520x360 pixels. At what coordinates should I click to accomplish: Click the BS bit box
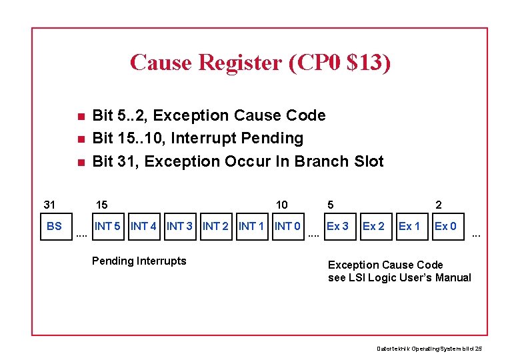pos(54,226)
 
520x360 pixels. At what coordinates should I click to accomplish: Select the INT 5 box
pos(108,226)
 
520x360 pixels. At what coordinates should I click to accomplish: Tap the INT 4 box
pos(144,226)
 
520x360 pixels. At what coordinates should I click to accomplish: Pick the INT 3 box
pos(180,226)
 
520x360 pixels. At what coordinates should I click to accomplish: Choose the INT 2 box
pos(216,226)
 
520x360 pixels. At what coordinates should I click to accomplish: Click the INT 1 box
pos(252,226)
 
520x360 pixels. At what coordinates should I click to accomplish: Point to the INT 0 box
pos(288,226)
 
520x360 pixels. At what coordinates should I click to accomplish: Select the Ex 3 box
pos(337,226)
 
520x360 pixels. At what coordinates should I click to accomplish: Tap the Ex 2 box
pos(373,226)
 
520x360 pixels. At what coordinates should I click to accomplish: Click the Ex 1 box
pos(409,226)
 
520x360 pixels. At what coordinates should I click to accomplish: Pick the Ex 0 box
pos(445,226)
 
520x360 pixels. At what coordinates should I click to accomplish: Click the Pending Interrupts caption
pos(139,261)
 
